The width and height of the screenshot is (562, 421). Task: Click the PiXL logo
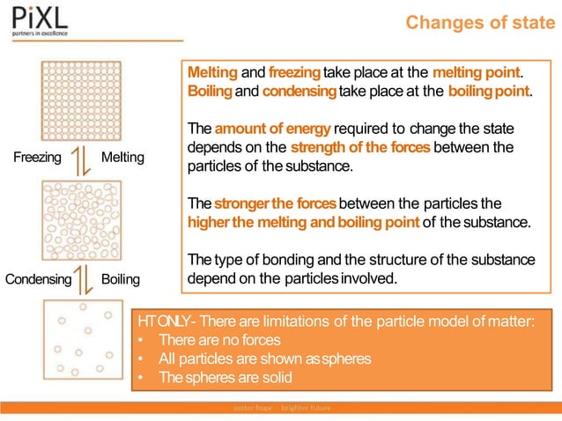pyautogui.click(x=40, y=20)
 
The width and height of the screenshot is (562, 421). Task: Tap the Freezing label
pyautogui.click(x=38, y=159)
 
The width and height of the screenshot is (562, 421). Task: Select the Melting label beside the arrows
pyautogui.click(x=122, y=159)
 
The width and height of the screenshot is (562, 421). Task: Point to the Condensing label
pyautogui.click(x=38, y=280)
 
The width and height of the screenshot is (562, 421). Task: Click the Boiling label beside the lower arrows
pyautogui.click(x=121, y=280)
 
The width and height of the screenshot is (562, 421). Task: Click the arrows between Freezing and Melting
pyautogui.click(x=80, y=159)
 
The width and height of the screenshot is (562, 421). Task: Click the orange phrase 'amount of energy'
pyautogui.click(x=256, y=129)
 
